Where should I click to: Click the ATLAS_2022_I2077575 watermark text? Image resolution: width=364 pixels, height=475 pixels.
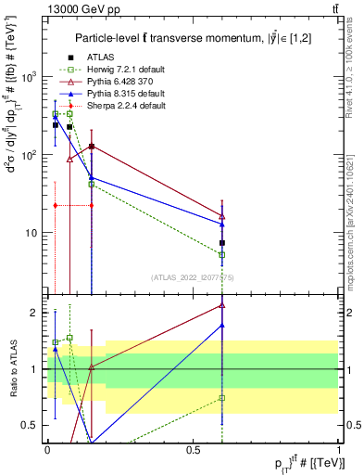coord(191,277)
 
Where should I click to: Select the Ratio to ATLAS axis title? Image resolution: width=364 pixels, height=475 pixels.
coord(12,367)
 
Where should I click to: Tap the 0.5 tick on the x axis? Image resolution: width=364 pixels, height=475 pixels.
coord(193,449)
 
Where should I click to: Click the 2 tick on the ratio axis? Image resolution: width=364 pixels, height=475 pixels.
coord(35,313)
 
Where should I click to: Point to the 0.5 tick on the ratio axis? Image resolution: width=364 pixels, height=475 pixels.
coord(31,425)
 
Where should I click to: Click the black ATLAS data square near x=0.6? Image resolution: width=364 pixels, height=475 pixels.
coord(222,243)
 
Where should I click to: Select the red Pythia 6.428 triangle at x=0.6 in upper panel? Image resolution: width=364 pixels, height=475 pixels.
coord(222,215)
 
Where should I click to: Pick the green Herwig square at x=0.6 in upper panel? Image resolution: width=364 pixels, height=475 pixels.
coord(222,254)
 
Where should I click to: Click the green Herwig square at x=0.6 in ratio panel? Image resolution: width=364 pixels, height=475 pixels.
coord(222,397)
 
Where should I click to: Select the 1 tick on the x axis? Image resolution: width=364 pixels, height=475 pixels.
coord(339,449)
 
